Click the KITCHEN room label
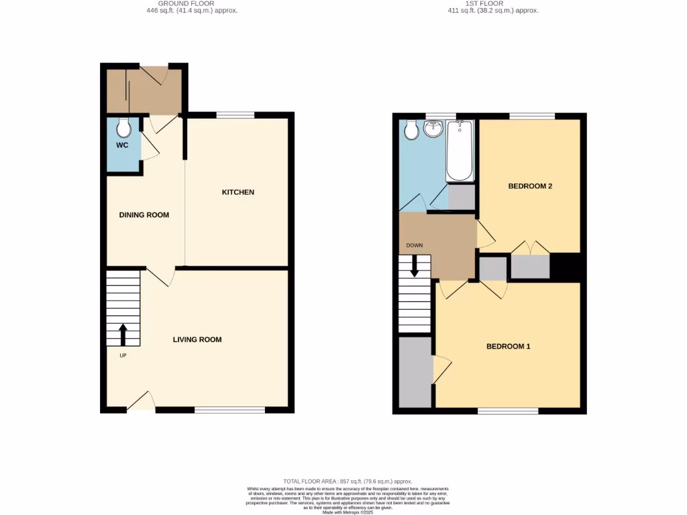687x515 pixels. pos(238,192)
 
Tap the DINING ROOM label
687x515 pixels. pos(144,215)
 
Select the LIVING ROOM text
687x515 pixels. pos(197,340)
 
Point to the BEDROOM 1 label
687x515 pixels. pos(509,347)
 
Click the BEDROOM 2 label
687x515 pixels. pos(530,186)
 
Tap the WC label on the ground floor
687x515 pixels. pos(121,145)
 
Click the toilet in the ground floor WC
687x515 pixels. pos(123,127)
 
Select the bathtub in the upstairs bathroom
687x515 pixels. pos(460,151)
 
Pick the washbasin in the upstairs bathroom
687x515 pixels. pos(433,128)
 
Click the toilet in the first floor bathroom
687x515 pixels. pos(411,129)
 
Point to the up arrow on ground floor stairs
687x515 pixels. pos(123,334)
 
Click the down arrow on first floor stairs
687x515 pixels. pos(415,266)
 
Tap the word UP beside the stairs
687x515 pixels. pos(123,355)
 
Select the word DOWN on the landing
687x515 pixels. pos(414,245)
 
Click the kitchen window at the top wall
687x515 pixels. pos(235,115)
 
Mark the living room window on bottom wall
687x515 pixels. pos(229,409)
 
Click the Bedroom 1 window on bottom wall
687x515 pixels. pos(508,410)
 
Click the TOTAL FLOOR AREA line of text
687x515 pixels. pos(347,481)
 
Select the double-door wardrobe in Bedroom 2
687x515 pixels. pos(530,266)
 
